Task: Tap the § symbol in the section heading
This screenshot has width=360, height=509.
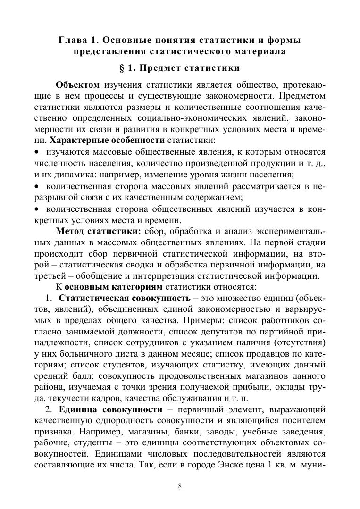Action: click(123, 68)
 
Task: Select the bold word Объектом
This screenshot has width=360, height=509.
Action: click(77, 85)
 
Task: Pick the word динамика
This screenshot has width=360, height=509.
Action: click(81, 175)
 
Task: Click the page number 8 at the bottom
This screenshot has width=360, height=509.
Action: click(180, 486)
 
